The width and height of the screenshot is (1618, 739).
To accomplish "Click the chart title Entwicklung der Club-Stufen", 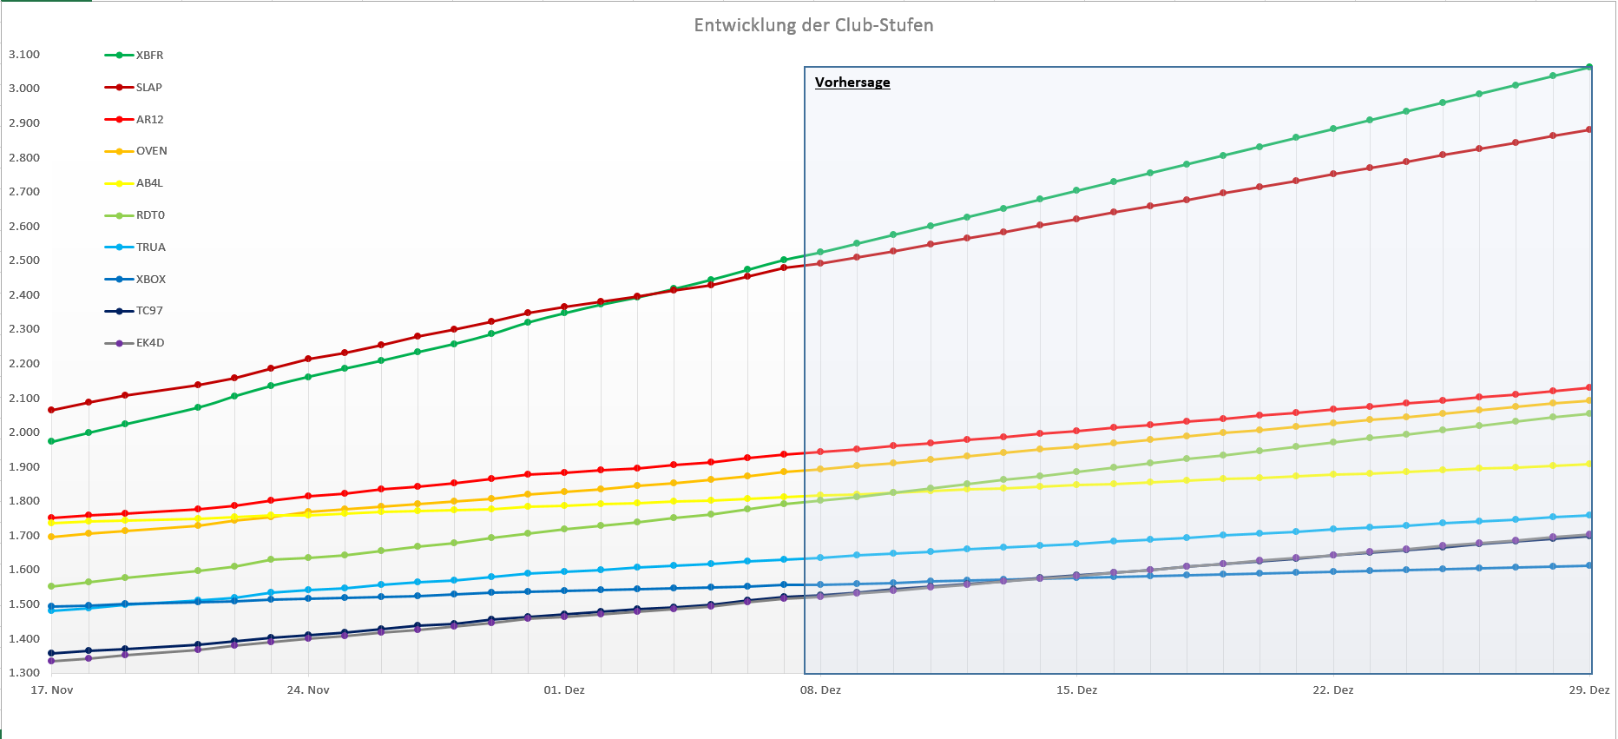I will [813, 25].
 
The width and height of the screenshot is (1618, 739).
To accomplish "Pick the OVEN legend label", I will [151, 151].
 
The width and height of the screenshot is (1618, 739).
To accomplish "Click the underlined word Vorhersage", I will [852, 82].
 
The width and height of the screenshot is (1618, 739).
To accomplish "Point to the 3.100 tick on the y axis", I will [24, 55].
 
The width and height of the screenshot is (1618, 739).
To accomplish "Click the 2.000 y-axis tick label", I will [24, 432].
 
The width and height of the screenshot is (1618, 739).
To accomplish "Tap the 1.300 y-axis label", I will [24, 673].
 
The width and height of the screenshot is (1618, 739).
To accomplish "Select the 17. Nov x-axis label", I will [52, 690].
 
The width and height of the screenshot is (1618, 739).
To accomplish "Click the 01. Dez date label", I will [564, 690].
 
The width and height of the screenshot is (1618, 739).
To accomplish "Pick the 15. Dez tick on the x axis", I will [1076, 690].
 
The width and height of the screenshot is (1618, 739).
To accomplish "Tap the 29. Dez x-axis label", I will [1588, 690].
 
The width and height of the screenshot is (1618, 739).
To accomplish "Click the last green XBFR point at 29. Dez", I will [1589, 67].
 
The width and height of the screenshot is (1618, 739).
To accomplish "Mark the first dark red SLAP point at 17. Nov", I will [51, 410].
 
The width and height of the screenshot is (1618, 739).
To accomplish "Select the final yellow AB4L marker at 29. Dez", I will [1589, 464].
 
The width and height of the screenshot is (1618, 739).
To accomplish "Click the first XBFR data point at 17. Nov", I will [51, 441].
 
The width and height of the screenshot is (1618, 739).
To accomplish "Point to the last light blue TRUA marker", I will [1589, 515].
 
